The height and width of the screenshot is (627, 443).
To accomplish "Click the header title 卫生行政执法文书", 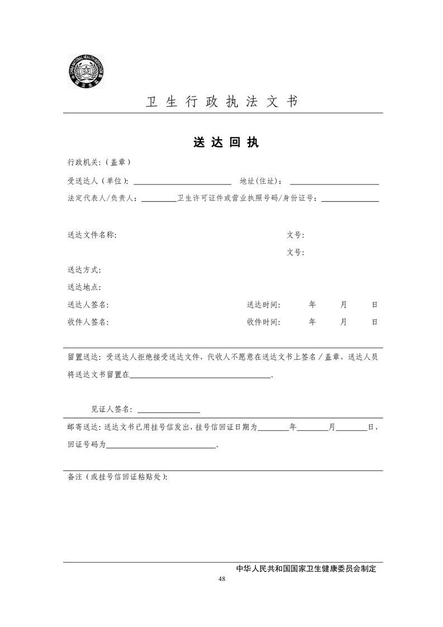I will click(221, 102).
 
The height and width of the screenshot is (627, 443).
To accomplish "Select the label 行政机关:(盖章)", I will click(99, 163).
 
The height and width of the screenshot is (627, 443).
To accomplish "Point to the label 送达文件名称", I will click(92, 235).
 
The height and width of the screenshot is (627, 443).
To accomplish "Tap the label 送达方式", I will click(84, 270).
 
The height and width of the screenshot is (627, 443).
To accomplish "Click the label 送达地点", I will click(84, 287).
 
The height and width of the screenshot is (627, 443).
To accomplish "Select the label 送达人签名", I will click(88, 305).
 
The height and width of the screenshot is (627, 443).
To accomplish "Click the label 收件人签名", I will click(88, 322).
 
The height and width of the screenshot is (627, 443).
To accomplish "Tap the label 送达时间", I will click(263, 305).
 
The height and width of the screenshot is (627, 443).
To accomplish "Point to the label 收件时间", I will click(263, 322).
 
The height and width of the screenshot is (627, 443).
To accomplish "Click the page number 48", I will click(222, 578).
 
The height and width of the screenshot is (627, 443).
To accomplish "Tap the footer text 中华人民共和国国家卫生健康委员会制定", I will click(306, 568).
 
